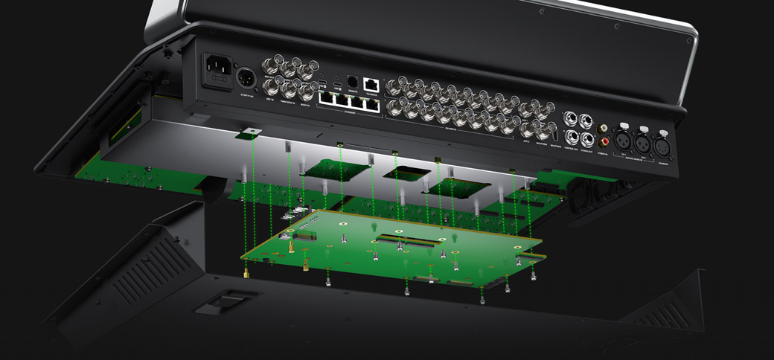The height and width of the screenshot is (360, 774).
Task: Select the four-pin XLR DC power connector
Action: (x=246, y=77)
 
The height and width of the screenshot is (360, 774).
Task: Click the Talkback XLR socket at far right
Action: (x=660, y=146)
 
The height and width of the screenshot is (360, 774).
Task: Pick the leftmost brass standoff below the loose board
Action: (x=246, y=272)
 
